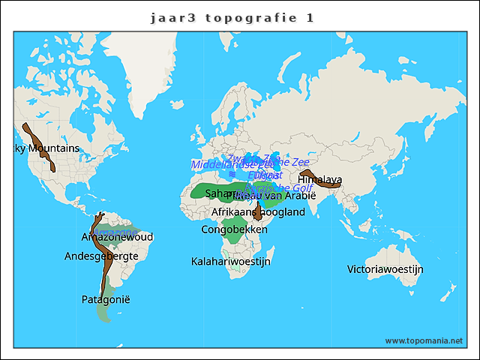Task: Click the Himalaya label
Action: tap(320, 180)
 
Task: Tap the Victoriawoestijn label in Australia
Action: tap(385, 269)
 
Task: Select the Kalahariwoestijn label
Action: tap(231, 262)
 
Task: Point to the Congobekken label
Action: tap(235, 229)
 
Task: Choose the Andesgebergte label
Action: tap(101, 256)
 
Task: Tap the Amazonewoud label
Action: tap(117, 238)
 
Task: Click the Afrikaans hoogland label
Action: tap(259, 213)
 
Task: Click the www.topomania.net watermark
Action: tap(424, 340)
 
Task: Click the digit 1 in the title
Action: tap(310, 17)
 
